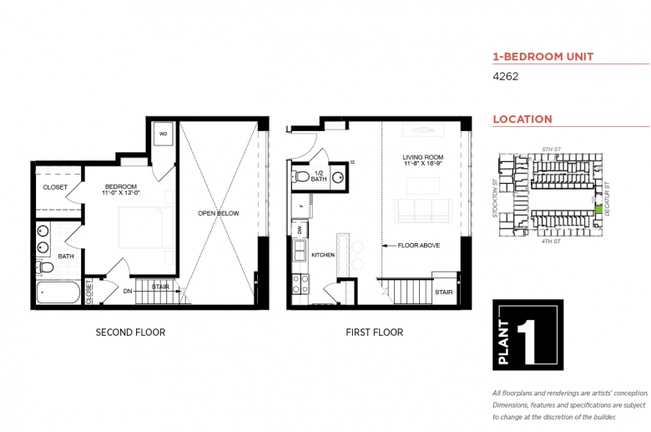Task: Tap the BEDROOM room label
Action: [x=120, y=186]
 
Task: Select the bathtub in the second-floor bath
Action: [x=58, y=294]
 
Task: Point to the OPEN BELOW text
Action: [x=218, y=213]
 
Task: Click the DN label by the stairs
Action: [x=127, y=291]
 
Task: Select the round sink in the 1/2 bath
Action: [x=339, y=177]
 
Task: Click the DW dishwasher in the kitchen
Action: [x=299, y=229]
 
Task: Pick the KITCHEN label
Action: [x=323, y=253]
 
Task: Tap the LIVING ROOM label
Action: [x=422, y=157]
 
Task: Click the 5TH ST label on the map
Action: [x=550, y=149]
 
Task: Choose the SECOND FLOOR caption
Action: [x=130, y=333]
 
